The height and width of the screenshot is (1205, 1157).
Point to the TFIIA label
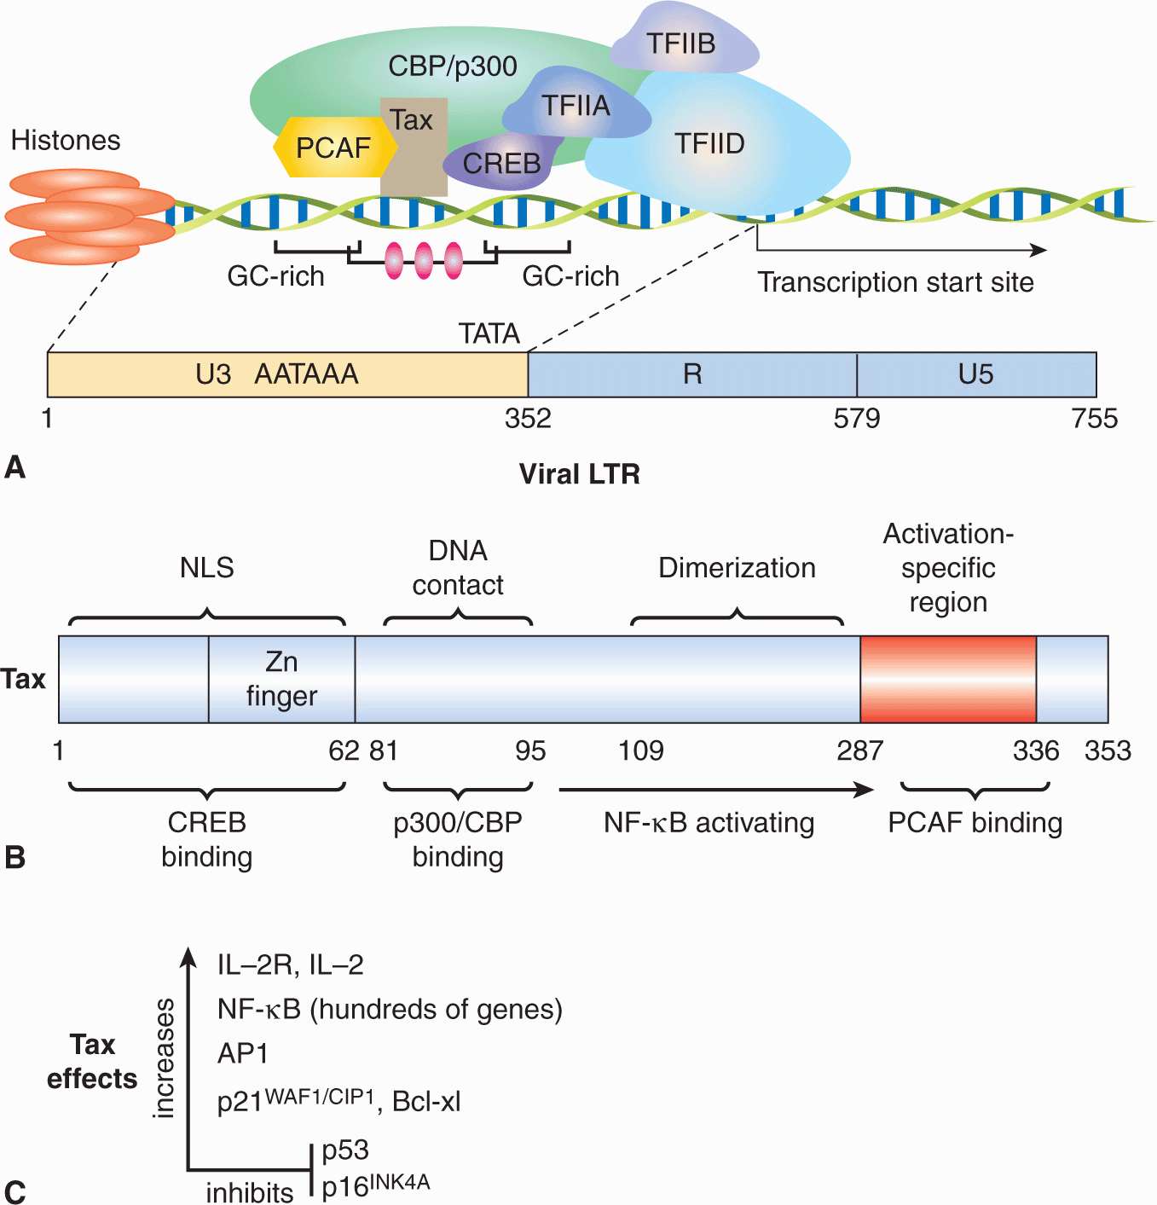(x=576, y=106)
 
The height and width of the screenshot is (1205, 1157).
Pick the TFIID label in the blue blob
(x=709, y=143)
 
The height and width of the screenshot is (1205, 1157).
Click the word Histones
(x=66, y=140)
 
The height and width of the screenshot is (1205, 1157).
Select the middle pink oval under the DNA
(x=424, y=260)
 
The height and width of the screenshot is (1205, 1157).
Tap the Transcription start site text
(x=895, y=282)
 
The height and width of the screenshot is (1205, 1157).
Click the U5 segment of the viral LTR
(x=975, y=374)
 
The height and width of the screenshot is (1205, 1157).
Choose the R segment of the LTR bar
(x=692, y=374)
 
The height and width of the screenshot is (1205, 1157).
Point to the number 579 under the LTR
(x=857, y=419)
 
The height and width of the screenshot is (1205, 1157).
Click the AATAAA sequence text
(x=306, y=374)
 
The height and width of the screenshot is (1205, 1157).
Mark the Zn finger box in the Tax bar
(x=281, y=679)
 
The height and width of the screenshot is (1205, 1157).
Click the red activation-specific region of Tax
(x=948, y=679)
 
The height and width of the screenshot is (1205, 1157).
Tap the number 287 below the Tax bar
(x=859, y=750)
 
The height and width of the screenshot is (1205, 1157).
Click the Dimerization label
(x=737, y=568)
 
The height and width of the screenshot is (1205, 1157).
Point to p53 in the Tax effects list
(x=345, y=1150)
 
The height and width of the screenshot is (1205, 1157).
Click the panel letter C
(x=14, y=1191)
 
